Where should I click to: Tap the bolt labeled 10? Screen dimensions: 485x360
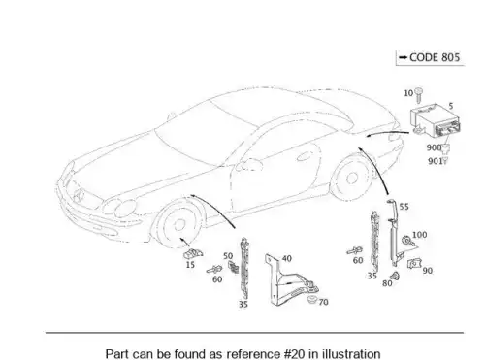[x=419, y=94]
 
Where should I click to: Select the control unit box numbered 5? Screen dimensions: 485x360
[x=436, y=120]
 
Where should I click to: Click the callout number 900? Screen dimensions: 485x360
[x=434, y=147]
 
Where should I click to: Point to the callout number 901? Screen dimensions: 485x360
[x=435, y=161]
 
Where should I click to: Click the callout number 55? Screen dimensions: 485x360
[x=404, y=207]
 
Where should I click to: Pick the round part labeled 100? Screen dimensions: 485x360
[x=405, y=241]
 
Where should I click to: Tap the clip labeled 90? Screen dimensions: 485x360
[x=414, y=264]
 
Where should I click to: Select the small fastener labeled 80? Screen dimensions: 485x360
[x=395, y=277]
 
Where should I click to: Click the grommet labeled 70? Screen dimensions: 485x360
[x=311, y=299]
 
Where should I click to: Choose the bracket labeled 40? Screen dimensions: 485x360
[x=290, y=280]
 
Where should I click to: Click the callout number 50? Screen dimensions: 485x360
[x=228, y=256]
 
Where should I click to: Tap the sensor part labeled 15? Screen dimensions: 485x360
[x=193, y=254]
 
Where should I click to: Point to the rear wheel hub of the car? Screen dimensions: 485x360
[x=351, y=178]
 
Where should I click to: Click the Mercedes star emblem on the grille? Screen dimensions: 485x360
[x=79, y=194]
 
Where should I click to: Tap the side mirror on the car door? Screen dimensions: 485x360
[x=249, y=164]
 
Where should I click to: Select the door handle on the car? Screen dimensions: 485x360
[x=304, y=157]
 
